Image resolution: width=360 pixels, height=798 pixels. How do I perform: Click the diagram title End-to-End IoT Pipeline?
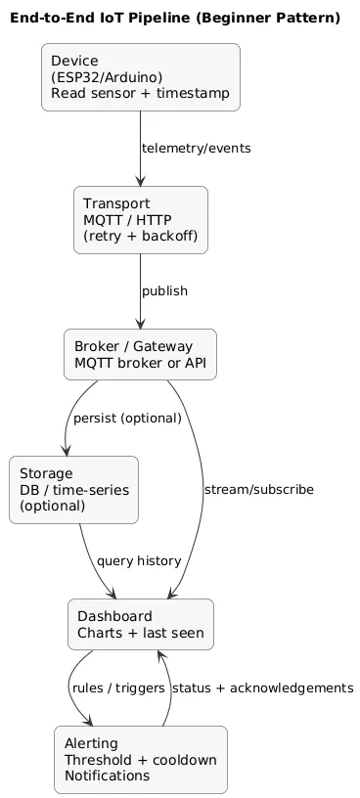[x=175, y=18]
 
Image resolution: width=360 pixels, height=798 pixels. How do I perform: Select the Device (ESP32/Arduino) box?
[x=141, y=77]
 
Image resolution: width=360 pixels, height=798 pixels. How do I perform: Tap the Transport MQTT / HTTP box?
[x=141, y=219]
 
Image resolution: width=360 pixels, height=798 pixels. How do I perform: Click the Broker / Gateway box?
[x=140, y=355]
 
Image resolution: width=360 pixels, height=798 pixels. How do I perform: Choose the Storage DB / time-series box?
[x=73, y=489]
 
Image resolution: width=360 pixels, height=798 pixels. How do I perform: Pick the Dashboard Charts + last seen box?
[x=141, y=624]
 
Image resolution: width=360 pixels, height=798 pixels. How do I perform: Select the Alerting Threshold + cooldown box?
[x=141, y=759]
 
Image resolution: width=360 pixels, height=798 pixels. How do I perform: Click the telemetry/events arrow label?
[x=196, y=149]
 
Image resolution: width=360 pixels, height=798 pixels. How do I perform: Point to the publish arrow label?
[x=164, y=291]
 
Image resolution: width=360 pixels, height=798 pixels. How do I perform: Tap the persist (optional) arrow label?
[x=127, y=418]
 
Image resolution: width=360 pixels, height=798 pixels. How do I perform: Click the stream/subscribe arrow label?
[x=258, y=489]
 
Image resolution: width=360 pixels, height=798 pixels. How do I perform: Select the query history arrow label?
[x=139, y=560]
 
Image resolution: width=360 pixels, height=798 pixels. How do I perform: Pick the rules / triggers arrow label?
[x=117, y=688]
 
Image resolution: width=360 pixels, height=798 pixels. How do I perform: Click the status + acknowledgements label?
[x=262, y=688]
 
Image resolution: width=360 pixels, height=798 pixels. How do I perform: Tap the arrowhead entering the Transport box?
[x=141, y=181]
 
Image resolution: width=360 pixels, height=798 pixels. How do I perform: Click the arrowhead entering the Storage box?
[x=67, y=450]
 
